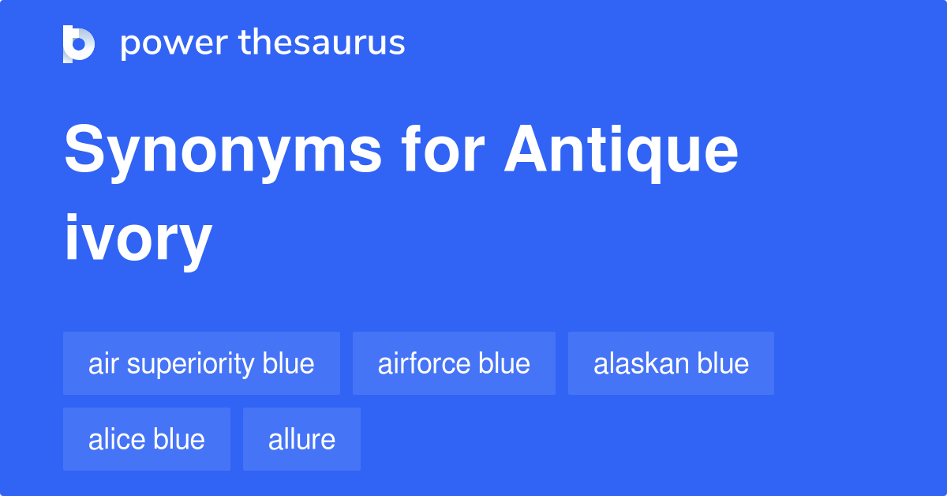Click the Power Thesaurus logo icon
(x=79, y=43)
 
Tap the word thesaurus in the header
(x=322, y=43)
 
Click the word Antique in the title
(x=622, y=152)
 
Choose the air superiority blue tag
(x=201, y=363)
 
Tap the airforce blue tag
(x=454, y=363)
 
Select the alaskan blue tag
(x=671, y=363)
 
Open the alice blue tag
(x=147, y=439)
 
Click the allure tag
(x=301, y=439)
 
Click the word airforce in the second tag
(x=425, y=363)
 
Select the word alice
(x=114, y=439)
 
